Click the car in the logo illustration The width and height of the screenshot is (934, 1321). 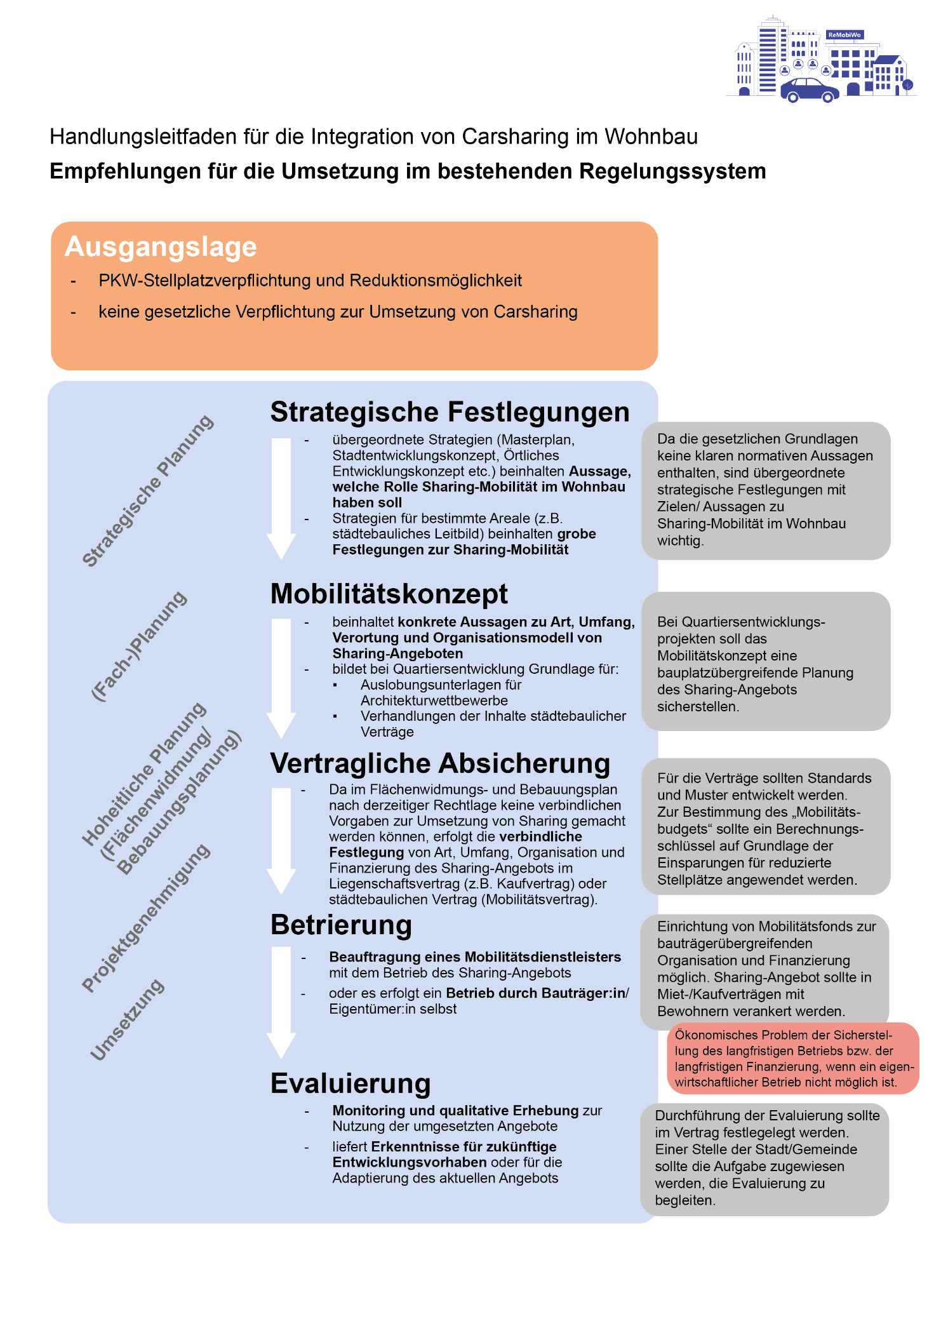pos(809,90)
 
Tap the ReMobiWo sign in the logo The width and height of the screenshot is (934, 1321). pos(844,35)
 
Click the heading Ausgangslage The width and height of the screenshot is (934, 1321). pos(161,246)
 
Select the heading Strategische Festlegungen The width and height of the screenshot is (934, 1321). pos(450,412)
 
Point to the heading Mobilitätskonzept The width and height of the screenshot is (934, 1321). pos(389,594)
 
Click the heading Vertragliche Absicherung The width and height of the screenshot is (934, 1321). pos(440,763)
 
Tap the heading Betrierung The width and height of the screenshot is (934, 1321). pos(341,925)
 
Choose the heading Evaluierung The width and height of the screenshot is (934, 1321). pos(350,1083)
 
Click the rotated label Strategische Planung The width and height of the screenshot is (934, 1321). pos(148,490)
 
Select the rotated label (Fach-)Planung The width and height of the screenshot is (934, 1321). pos(139,646)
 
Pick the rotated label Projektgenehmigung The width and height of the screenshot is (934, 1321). pos(146,918)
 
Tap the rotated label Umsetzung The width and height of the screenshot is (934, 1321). pos(128,1019)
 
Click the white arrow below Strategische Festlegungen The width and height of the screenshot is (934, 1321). pos(281,495)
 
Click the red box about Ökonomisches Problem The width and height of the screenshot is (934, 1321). pos(792,1058)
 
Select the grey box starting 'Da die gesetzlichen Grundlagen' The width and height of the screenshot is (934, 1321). pos(765,490)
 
